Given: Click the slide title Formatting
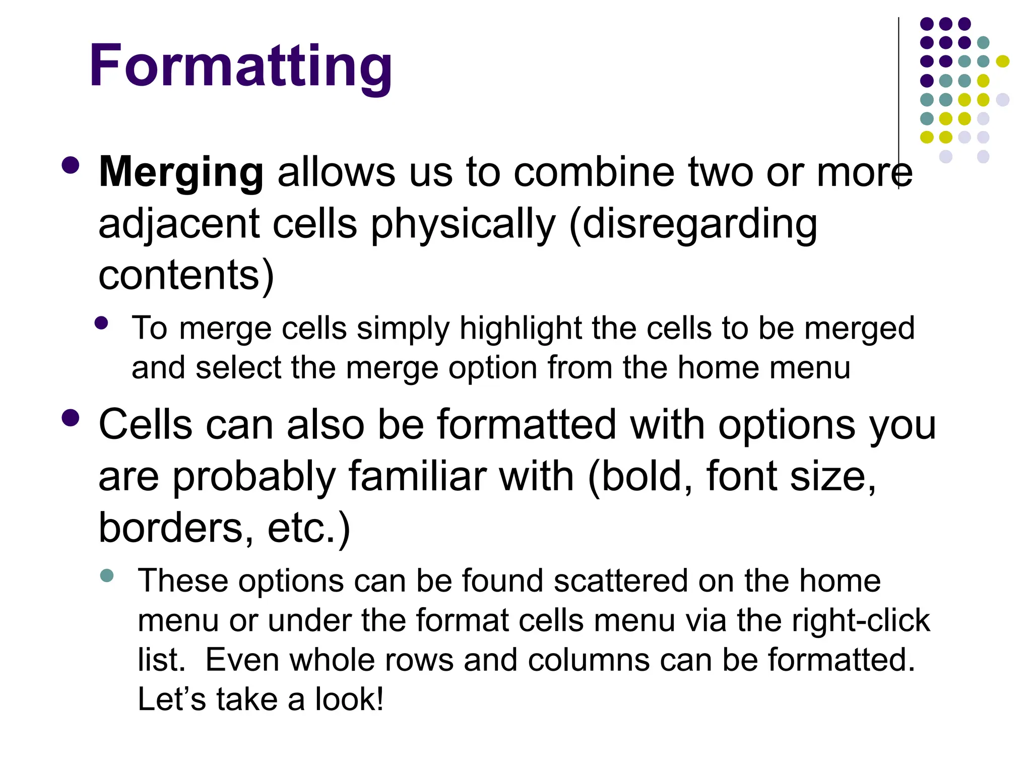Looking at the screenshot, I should pyautogui.click(x=240, y=66).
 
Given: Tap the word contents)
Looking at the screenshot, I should pyautogui.click(x=186, y=276).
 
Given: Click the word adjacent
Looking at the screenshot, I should pyautogui.click(x=178, y=225).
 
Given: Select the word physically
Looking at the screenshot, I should pyautogui.click(x=463, y=225).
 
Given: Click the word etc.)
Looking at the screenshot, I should pyautogui.click(x=308, y=528).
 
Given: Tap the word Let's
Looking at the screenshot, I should pyautogui.click(x=172, y=699).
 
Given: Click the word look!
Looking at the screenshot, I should pyautogui.click(x=349, y=699).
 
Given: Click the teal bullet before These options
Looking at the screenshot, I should pyautogui.click(x=107, y=575).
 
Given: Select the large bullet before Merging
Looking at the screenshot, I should pyautogui.click(x=71, y=166).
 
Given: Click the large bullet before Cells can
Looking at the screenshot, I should pyautogui.click(x=71, y=418).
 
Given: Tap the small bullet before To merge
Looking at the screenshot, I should pyautogui.click(x=101, y=323).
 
